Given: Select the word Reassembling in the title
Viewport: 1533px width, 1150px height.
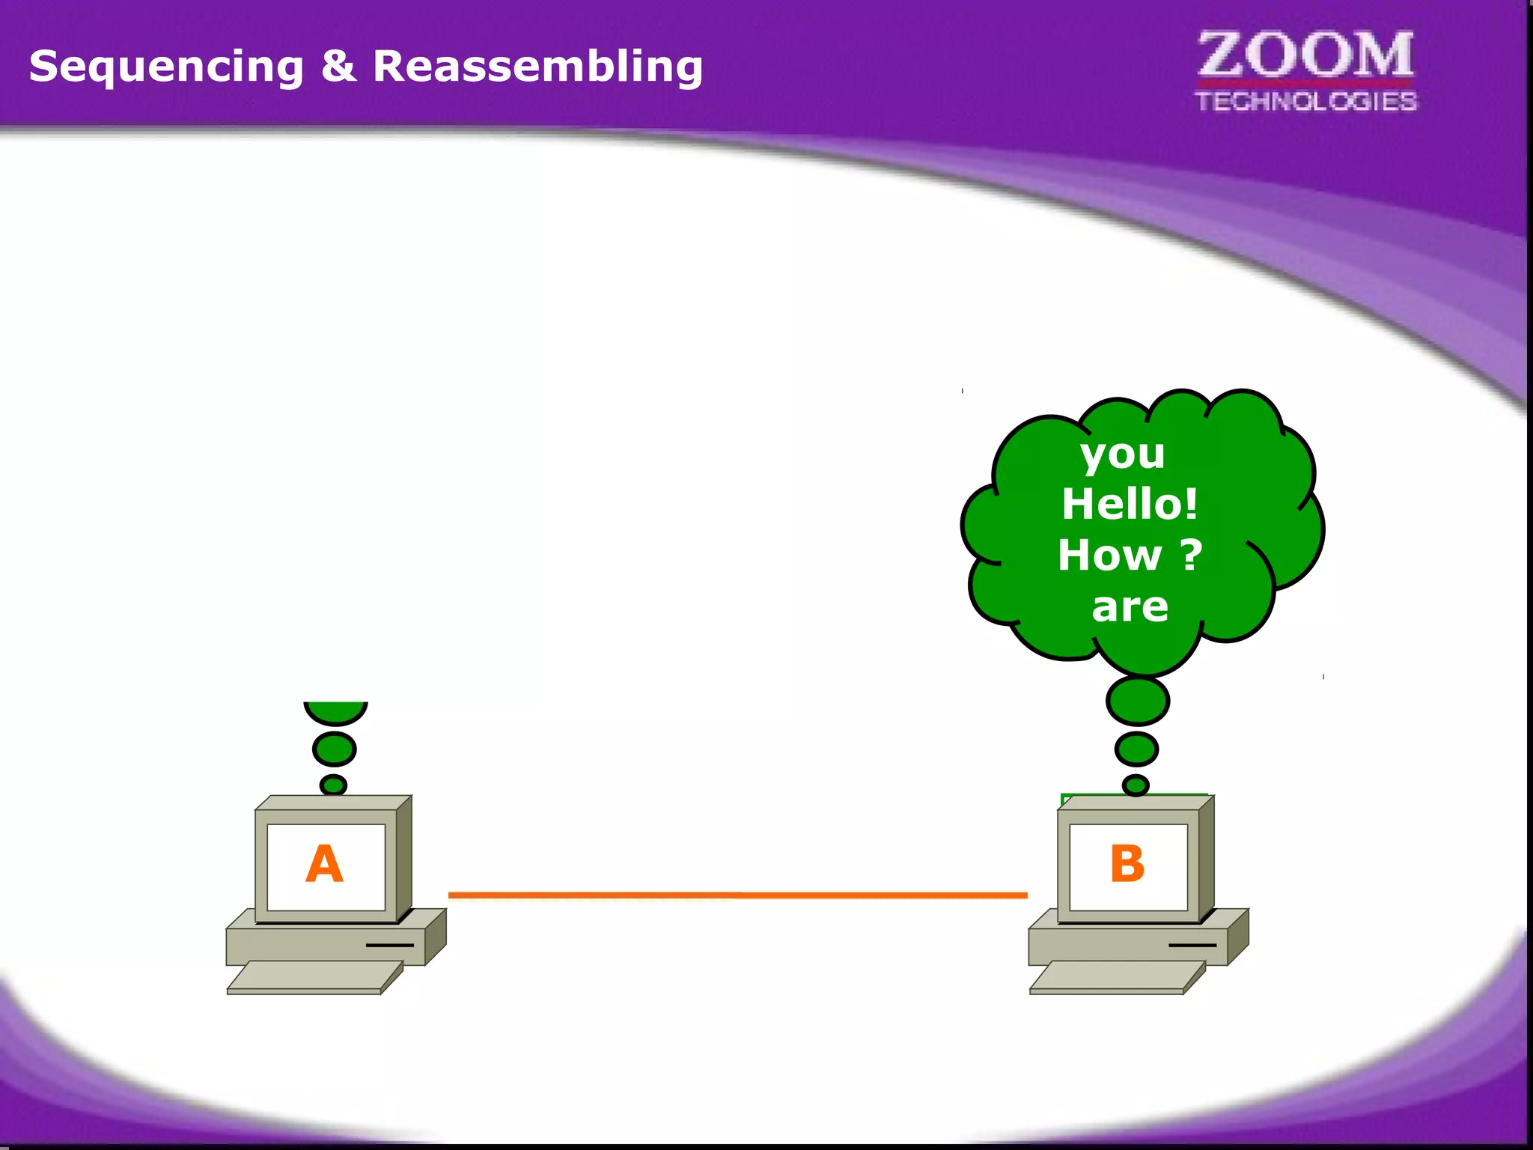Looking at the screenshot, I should coord(537,67).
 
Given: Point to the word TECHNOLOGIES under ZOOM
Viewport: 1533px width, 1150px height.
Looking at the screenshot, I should coord(1305,101).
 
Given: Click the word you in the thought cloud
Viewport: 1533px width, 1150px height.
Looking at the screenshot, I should coord(1122,454).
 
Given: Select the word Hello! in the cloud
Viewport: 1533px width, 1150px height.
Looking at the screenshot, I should coord(1130,504).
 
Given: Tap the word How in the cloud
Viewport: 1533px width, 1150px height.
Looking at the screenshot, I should coord(1109,556).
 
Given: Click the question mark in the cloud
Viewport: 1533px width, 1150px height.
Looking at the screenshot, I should coord(1192,555).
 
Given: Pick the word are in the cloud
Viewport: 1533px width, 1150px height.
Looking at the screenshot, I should coord(1130,606).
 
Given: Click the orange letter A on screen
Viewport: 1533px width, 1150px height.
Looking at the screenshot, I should coord(324,864).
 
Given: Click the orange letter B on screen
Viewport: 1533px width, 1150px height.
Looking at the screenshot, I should coord(1127,864).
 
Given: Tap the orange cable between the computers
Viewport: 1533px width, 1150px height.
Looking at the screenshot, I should coord(737,895).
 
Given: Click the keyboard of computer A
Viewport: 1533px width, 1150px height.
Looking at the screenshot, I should coord(314,977).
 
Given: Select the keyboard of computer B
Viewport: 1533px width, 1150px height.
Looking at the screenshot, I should coord(1117,977).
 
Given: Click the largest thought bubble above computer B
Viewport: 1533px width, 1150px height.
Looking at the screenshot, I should coord(1137,701).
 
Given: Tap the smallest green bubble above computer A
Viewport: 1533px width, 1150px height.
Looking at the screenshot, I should coord(333,785).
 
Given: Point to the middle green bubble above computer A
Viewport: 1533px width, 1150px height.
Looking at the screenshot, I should coord(334,749).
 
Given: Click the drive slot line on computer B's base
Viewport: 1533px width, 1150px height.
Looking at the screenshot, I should coord(1192,945).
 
